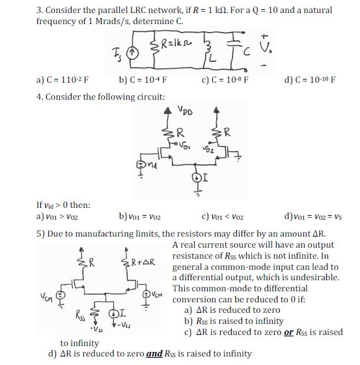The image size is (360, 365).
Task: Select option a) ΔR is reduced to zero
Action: click(237, 310)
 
